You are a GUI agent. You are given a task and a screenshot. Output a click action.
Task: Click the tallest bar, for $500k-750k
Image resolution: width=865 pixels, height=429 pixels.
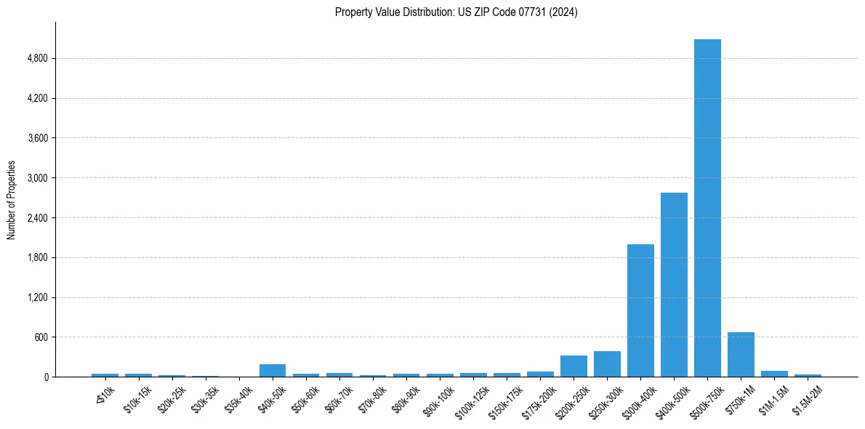(707, 208)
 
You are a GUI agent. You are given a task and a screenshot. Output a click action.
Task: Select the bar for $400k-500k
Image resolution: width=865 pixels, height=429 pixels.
(674, 285)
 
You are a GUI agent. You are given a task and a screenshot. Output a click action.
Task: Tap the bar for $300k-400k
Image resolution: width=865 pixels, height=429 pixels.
(640, 310)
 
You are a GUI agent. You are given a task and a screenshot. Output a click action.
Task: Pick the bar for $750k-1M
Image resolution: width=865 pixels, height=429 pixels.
(741, 355)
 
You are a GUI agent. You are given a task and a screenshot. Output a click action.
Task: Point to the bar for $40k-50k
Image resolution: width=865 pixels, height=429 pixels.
(273, 371)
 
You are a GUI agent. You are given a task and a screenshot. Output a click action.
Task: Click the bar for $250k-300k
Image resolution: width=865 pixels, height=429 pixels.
(607, 364)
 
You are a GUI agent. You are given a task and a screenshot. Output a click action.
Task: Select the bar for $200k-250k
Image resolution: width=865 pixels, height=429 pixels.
(574, 366)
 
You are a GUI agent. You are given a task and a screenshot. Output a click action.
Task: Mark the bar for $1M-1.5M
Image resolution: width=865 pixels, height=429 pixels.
(774, 374)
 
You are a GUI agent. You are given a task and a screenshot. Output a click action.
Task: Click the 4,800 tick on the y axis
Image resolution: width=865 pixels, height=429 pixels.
(37, 58)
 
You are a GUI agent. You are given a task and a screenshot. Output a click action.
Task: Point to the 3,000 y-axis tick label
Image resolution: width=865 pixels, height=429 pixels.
(37, 178)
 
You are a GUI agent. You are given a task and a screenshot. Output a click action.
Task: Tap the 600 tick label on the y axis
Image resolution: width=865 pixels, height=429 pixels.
(41, 337)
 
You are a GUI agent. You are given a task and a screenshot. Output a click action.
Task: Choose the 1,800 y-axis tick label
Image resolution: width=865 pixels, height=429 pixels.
(37, 257)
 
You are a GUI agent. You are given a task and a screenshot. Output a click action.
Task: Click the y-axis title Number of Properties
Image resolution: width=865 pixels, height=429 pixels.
(12, 200)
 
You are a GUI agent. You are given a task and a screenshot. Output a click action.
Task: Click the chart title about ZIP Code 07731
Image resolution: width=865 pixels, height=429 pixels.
(456, 12)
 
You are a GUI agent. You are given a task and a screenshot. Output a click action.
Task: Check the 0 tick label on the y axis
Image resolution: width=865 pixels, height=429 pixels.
(45, 377)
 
